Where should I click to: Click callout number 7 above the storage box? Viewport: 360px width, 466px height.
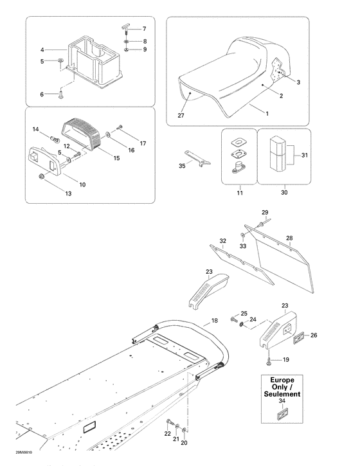(144, 30)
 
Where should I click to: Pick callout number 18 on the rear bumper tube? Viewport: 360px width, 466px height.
(214, 319)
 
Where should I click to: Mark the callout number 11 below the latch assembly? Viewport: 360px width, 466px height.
(240, 192)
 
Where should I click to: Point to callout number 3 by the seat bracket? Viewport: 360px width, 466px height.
(298, 82)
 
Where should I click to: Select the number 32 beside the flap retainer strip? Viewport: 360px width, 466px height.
(222, 241)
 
